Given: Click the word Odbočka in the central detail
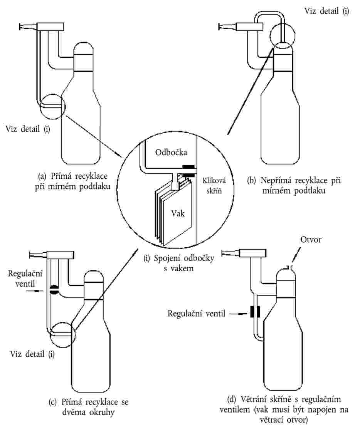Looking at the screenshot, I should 172,152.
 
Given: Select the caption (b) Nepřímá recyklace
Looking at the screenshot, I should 295,184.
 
